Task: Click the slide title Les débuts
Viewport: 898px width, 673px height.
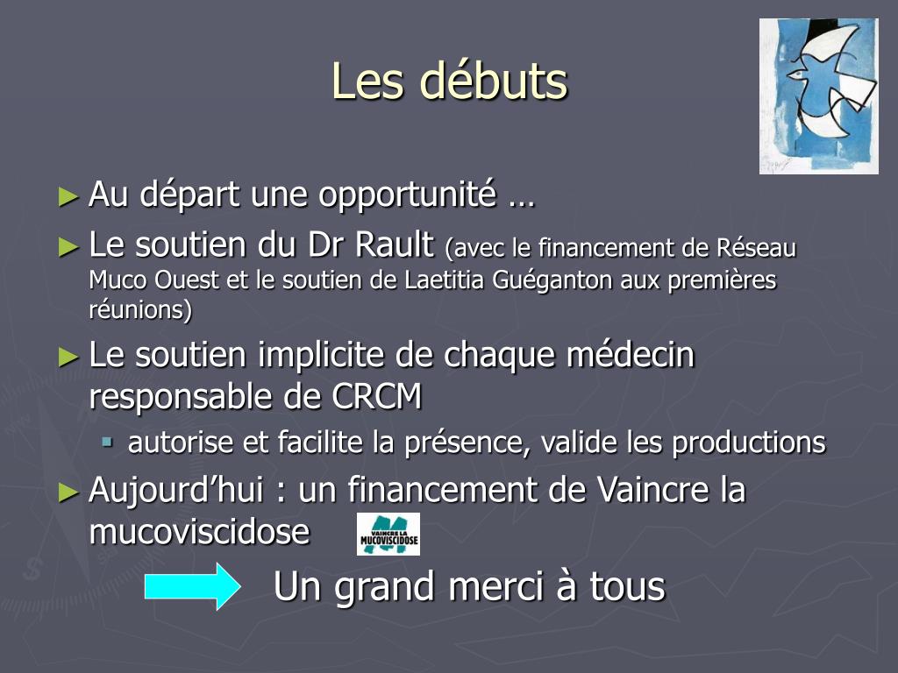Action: [x=450, y=81]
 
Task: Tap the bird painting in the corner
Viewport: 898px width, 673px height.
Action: [x=819, y=96]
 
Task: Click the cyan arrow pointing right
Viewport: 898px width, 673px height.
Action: [x=192, y=586]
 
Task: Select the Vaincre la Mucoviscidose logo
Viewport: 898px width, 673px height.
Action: [x=388, y=534]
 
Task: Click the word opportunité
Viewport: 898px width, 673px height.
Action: [x=407, y=195]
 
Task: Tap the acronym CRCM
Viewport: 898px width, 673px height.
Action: [x=377, y=396]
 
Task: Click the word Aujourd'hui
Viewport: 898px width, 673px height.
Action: [x=176, y=491]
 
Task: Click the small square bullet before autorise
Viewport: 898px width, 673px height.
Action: [x=107, y=442]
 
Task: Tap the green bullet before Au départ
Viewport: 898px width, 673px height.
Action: [x=68, y=197]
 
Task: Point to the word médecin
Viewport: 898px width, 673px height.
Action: [x=631, y=355]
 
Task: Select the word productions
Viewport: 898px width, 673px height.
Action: [x=749, y=443]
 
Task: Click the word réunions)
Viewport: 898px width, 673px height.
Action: [x=140, y=309]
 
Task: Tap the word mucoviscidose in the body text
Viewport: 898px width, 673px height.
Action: [x=199, y=532]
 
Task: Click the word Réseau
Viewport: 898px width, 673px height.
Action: [x=757, y=248]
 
